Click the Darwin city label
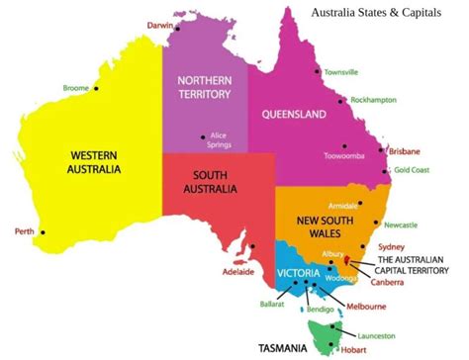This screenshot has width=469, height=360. tap(159, 24)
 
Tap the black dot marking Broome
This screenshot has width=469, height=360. tap(97, 88)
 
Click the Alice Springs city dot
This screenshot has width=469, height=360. tap(203, 136)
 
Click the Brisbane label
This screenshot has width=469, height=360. tap(405, 151)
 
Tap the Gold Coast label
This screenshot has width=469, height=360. tap(413, 169)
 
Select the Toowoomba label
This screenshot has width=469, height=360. tap(343, 156)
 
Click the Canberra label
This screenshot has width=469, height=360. tap(386, 283)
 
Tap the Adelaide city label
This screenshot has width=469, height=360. tap(239, 271)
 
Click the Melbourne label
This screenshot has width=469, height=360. tap(365, 307)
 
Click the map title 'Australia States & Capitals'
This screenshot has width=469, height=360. tap(376, 13)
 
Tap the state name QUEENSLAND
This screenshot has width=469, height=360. tap(294, 115)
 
